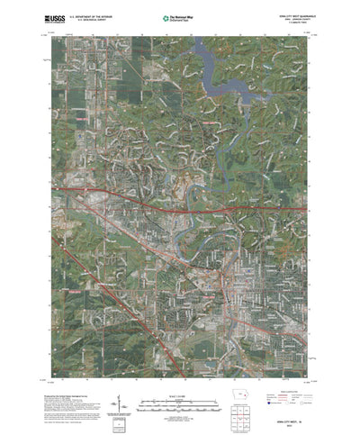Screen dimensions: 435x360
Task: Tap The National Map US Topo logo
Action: click(x=176, y=17)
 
